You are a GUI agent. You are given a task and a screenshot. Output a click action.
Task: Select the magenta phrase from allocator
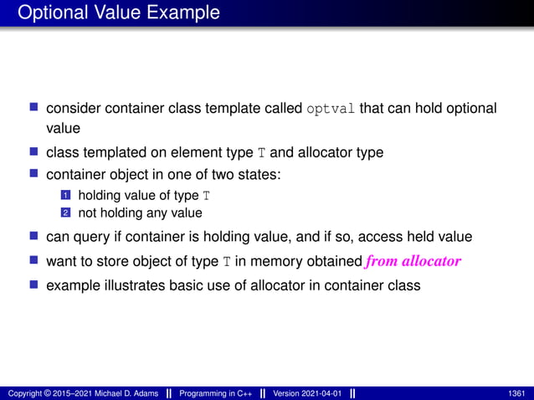[x=413, y=261]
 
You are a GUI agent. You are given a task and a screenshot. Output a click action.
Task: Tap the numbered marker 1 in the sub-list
[x=62, y=196]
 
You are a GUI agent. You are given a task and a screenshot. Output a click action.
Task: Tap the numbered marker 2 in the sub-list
[x=62, y=213]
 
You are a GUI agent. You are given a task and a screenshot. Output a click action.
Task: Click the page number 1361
[x=517, y=393]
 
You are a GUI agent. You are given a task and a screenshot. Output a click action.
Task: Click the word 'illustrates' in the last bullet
[x=132, y=285]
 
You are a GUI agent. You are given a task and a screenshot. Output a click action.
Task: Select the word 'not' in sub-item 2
[x=86, y=213]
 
